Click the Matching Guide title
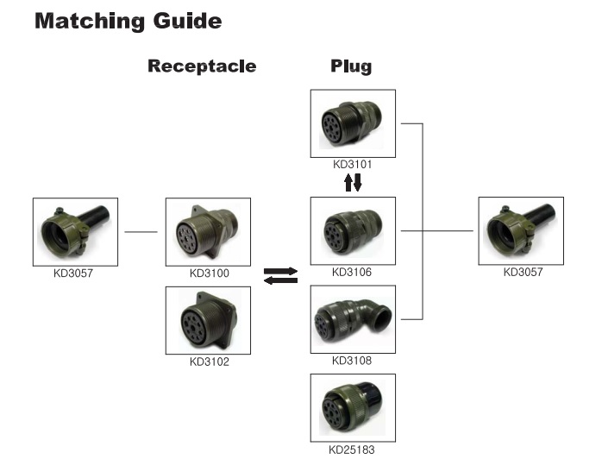coord(128,21)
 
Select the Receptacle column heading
coord(202,66)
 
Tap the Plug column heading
coord(351,66)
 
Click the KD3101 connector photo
coord(352,123)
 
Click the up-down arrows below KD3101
coord(353,182)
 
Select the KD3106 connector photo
coord(352,230)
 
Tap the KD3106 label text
coord(352,273)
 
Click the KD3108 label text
coord(352,361)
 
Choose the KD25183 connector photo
coord(352,408)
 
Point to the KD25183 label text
coord(352,449)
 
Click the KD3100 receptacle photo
coord(208,231)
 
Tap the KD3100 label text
coord(209,274)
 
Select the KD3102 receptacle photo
coord(208,320)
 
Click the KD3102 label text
coord(209,362)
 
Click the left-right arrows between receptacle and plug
coord(280,275)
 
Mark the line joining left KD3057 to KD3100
coord(141,231)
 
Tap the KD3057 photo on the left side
coord(75,231)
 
